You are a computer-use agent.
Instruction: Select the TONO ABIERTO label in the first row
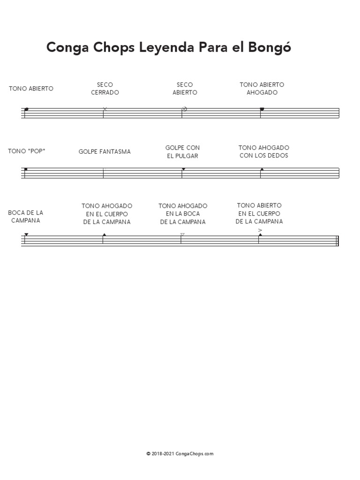[x=31, y=89]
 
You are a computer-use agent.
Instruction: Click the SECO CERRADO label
[x=105, y=89]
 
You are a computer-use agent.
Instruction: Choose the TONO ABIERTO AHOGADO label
[x=262, y=89]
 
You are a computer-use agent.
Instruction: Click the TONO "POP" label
[x=27, y=151]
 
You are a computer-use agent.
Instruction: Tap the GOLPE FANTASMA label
[x=105, y=152]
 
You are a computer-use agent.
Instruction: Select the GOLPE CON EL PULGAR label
[x=183, y=152]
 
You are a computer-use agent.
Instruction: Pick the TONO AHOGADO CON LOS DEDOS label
[x=264, y=151]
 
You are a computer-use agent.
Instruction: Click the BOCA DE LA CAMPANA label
[x=26, y=217]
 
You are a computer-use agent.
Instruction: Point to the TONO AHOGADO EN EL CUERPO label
[x=107, y=214]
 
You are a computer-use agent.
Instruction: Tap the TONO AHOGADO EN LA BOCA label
[x=183, y=214]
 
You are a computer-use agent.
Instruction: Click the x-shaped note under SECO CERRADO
[x=105, y=109]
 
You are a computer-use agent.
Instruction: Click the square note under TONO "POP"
[x=26, y=169]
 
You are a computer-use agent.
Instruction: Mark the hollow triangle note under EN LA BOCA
[x=182, y=234]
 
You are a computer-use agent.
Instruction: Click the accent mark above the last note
[x=260, y=230]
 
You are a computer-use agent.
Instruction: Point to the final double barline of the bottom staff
[x=337, y=240]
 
